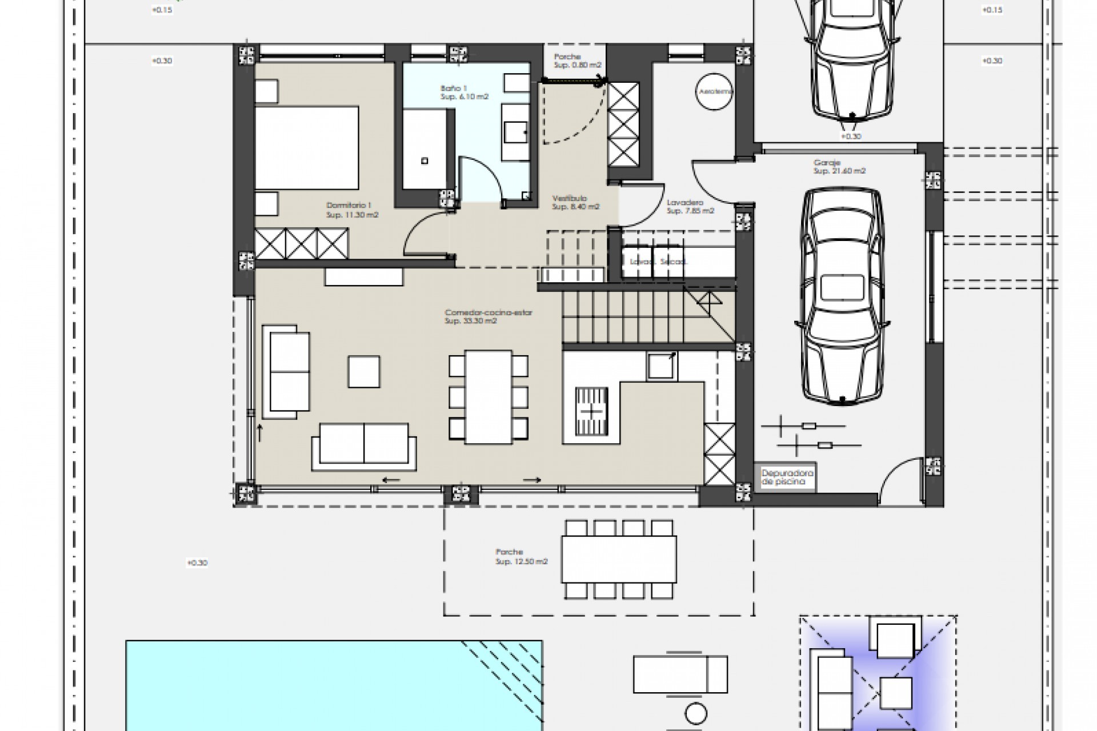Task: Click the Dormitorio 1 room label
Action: click(352, 210)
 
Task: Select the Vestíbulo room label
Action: click(575, 202)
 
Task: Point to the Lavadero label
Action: click(690, 206)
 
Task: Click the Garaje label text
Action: click(838, 167)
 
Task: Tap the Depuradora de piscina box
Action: click(787, 477)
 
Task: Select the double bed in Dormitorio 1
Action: click(307, 147)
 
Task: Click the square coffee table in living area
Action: click(364, 372)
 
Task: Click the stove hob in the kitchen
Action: click(591, 411)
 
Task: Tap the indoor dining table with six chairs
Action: click(488, 397)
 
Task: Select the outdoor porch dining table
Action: click(619, 559)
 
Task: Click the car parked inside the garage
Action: click(841, 297)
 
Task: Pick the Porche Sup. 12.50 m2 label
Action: click(521, 557)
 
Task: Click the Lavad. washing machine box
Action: click(636, 262)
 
